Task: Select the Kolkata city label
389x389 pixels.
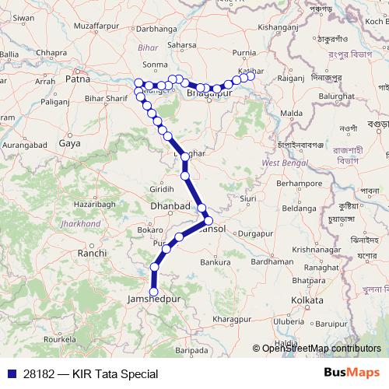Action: pyautogui.click(x=307, y=300)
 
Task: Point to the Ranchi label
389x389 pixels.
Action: pyautogui.click(x=92, y=253)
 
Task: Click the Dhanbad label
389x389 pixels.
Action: pyautogui.click(x=170, y=207)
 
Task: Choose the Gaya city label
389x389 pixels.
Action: pyautogui.click(x=69, y=143)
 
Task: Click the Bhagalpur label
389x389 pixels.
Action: pyautogui.click(x=210, y=93)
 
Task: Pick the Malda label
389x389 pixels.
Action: pyautogui.click(x=291, y=114)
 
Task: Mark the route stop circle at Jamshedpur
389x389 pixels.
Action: pyautogui.click(x=153, y=292)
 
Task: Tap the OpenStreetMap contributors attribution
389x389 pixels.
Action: pyautogui.click(x=321, y=349)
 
